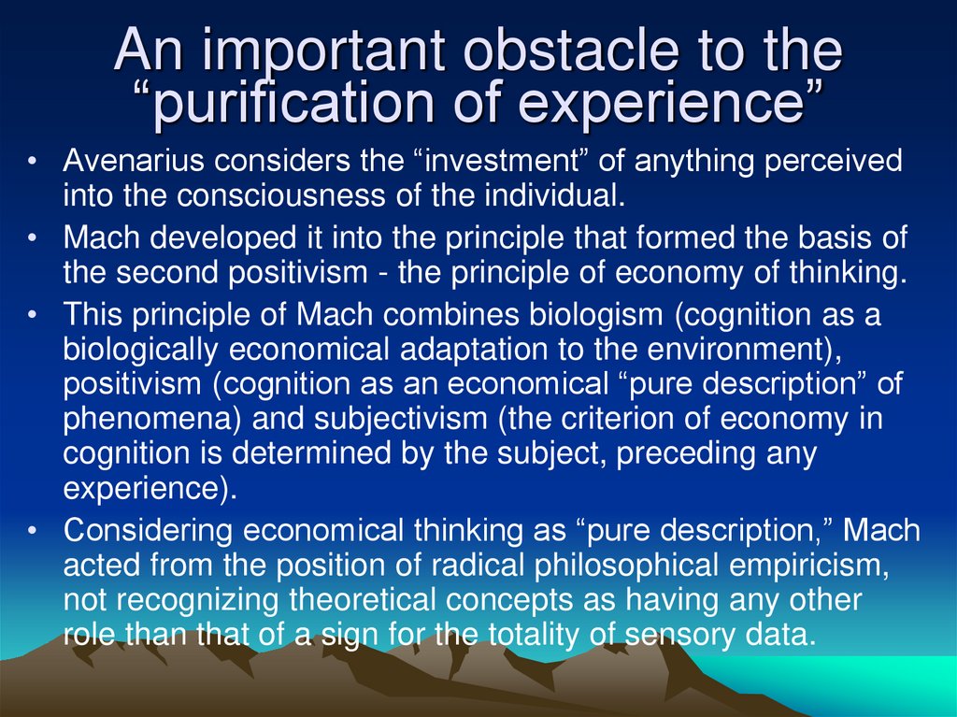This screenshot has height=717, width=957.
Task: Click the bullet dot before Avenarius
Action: click(33, 163)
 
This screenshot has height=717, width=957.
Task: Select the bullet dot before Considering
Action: click(33, 531)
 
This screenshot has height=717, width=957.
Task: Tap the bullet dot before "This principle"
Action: click(33, 315)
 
